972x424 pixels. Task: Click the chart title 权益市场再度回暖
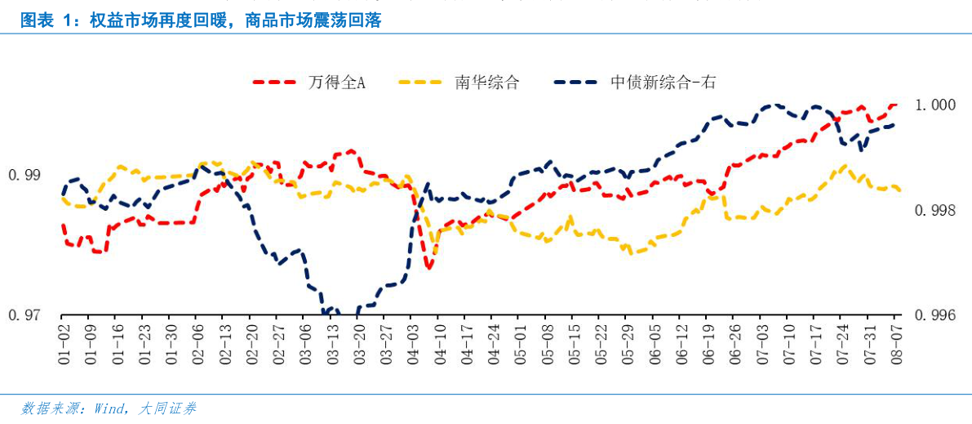click(x=201, y=20)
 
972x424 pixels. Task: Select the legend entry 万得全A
click(x=336, y=83)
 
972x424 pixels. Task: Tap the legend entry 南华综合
click(x=486, y=83)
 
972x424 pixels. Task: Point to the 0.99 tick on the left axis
click(x=24, y=175)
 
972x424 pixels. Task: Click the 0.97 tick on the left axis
click(x=24, y=315)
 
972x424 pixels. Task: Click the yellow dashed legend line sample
click(x=424, y=83)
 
